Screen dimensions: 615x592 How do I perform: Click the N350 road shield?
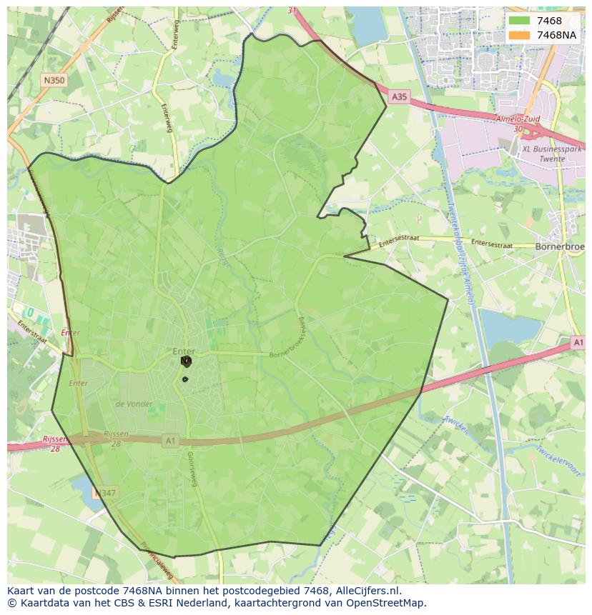54,81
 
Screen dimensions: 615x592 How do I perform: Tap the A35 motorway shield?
399,96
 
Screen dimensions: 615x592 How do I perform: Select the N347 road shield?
106,493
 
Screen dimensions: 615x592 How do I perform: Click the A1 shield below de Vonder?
169,441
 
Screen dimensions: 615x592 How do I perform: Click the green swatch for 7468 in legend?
520,21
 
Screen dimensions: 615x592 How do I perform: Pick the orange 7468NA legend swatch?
520,35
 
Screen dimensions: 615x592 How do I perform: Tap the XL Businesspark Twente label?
553,154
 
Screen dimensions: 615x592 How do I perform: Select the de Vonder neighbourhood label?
134,404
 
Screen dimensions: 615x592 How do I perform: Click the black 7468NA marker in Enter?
186,361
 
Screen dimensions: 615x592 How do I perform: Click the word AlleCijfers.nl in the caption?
366,591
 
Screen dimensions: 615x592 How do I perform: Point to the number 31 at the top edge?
292,11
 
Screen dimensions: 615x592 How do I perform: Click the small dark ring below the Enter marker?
185,379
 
